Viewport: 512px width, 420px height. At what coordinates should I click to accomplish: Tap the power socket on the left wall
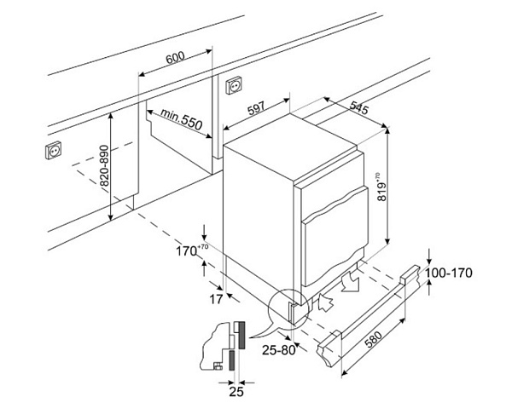(53, 151)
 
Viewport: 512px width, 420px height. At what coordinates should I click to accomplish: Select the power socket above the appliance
(232, 86)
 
